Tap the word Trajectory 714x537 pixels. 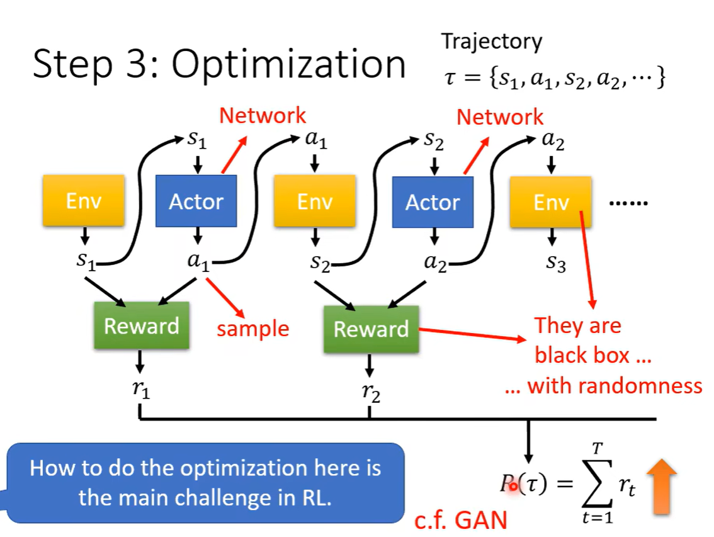click(x=491, y=42)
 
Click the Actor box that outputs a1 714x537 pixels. click(x=196, y=201)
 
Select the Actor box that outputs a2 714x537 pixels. click(x=433, y=202)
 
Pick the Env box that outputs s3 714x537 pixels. click(x=551, y=202)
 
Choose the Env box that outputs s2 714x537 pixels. click(x=314, y=201)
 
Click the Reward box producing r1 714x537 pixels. click(x=141, y=326)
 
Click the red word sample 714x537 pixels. click(x=252, y=328)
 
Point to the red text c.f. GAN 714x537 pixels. click(x=461, y=521)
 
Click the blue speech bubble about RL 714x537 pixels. click(x=205, y=483)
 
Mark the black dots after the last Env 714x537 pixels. click(x=627, y=203)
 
